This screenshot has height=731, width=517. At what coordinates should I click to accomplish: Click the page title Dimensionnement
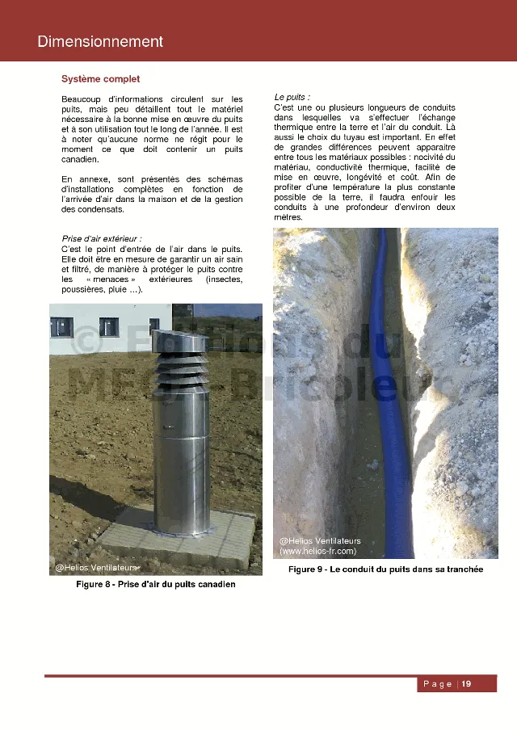[100, 42]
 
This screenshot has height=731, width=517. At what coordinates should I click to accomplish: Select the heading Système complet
[100, 79]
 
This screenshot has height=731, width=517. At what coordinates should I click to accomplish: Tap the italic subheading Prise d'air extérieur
[102, 239]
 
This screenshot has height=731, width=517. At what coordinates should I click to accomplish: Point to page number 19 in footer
[466, 684]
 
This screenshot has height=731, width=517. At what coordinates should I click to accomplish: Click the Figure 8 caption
[156, 584]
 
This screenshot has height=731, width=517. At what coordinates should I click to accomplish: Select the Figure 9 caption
[385, 569]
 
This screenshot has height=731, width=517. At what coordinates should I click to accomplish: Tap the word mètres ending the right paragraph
[288, 218]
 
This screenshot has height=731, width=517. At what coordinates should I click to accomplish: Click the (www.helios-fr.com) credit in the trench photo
[317, 551]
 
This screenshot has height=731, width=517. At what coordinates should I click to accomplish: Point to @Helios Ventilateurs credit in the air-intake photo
[95, 568]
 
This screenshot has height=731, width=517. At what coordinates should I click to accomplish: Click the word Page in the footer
[437, 684]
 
